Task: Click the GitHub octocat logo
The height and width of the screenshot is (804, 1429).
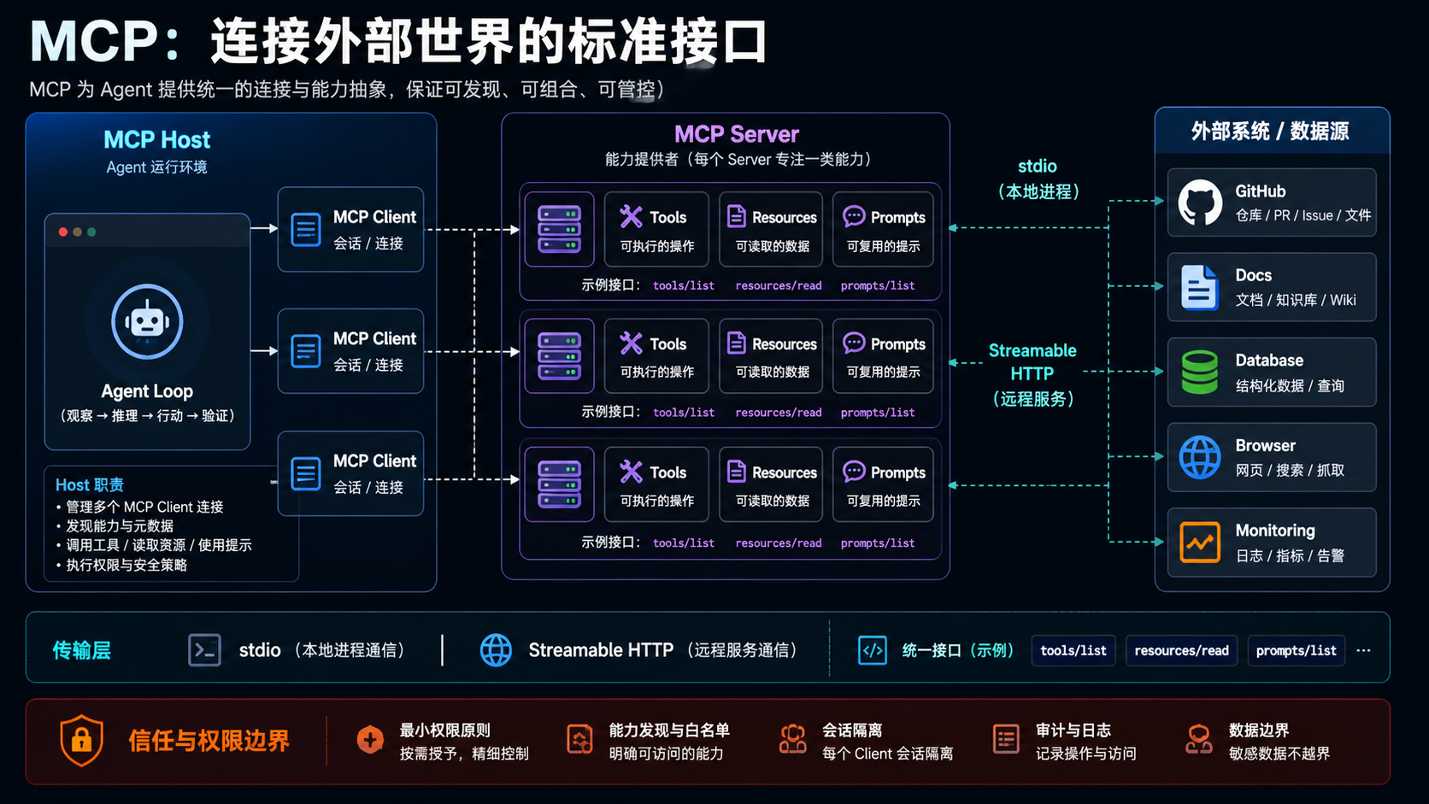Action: pos(1200,202)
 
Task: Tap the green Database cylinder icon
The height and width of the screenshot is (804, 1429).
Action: pos(1200,372)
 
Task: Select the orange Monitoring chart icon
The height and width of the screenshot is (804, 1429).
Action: pos(1200,542)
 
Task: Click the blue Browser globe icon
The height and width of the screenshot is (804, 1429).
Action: pos(1200,457)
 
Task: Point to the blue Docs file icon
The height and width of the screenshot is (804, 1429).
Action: pos(1200,287)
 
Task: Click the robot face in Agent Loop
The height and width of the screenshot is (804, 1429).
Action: pos(147,321)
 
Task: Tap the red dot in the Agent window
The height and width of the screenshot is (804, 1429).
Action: pos(63,232)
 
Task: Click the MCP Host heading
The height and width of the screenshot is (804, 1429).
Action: pos(157,139)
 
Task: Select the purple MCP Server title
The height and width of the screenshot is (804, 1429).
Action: pos(736,134)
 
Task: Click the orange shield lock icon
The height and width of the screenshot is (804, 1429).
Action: pos(82,740)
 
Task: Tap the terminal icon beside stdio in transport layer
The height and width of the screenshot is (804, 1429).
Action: pos(205,650)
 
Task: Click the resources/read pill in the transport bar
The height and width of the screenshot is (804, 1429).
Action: pos(1181,650)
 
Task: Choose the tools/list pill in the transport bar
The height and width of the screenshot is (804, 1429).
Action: pos(1073,650)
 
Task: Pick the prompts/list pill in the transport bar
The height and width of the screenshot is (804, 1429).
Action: pos(1297,650)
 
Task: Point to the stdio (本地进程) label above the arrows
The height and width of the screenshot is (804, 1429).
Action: pos(1038,179)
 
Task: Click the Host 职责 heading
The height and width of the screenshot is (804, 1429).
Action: pos(90,485)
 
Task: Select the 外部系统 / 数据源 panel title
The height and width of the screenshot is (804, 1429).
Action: pos(1270,132)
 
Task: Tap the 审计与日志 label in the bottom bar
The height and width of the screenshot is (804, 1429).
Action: pos(1073,730)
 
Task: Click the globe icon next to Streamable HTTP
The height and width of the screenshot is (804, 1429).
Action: pos(496,650)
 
